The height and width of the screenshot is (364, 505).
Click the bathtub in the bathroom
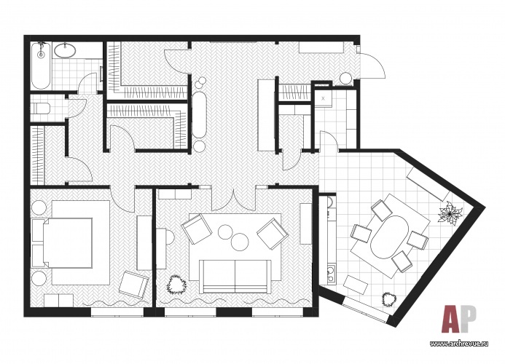pyautogui.click(x=41, y=66)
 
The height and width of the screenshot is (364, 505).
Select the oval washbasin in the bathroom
pyautogui.click(x=66, y=50)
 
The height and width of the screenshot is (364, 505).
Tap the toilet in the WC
pyautogui.click(x=41, y=108)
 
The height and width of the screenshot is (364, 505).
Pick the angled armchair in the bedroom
pyautogui.click(x=134, y=284)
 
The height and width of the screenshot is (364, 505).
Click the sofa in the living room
pyautogui.click(x=235, y=277)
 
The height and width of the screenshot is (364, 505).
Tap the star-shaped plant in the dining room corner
pyautogui.click(x=450, y=213)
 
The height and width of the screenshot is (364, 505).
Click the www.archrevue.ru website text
pyautogui.click(x=459, y=344)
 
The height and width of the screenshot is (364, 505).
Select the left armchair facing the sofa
pyautogui.click(x=196, y=229)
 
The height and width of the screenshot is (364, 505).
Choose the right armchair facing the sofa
pyautogui.click(x=273, y=234)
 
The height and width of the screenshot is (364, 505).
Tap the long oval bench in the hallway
pyautogui.click(x=199, y=115)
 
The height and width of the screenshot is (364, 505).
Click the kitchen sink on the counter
pyautogui.click(x=331, y=274)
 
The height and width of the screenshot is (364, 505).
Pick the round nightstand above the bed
pyautogui.click(x=39, y=208)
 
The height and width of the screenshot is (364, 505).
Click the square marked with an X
pyautogui.click(x=324, y=98)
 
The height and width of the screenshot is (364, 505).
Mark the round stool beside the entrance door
pyautogui.click(x=346, y=79)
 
